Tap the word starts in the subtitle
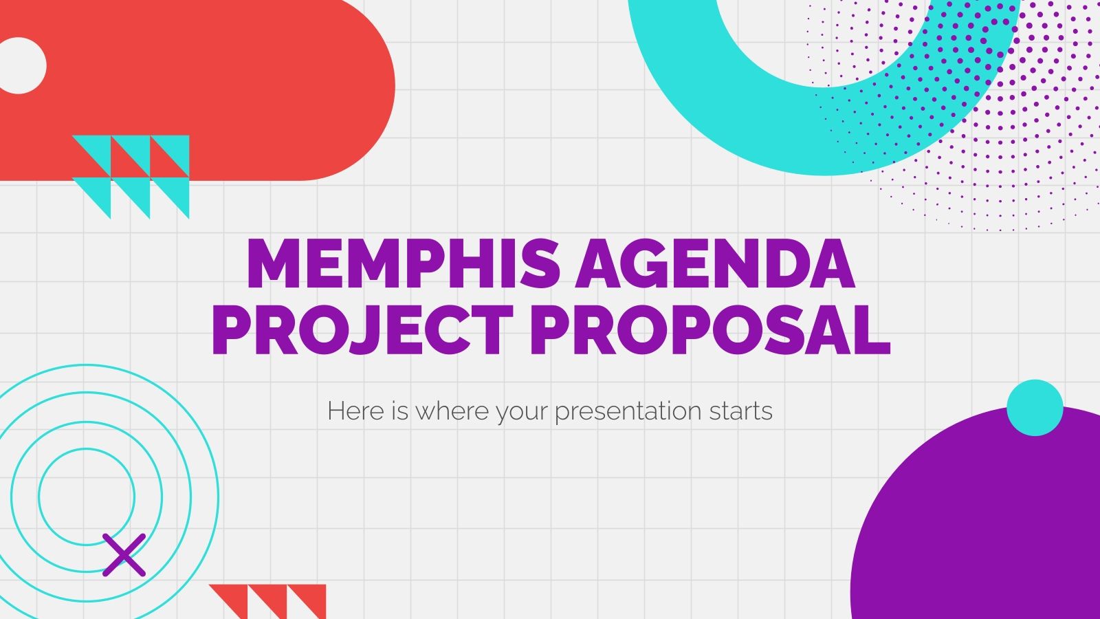pyautogui.click(x=742, y=411)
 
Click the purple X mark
pyautogui.click(x=124, y=554)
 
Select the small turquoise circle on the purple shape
pyautogui.click(x=1035, y=408)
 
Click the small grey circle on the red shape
pyautogui.click(x=21, y=65)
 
